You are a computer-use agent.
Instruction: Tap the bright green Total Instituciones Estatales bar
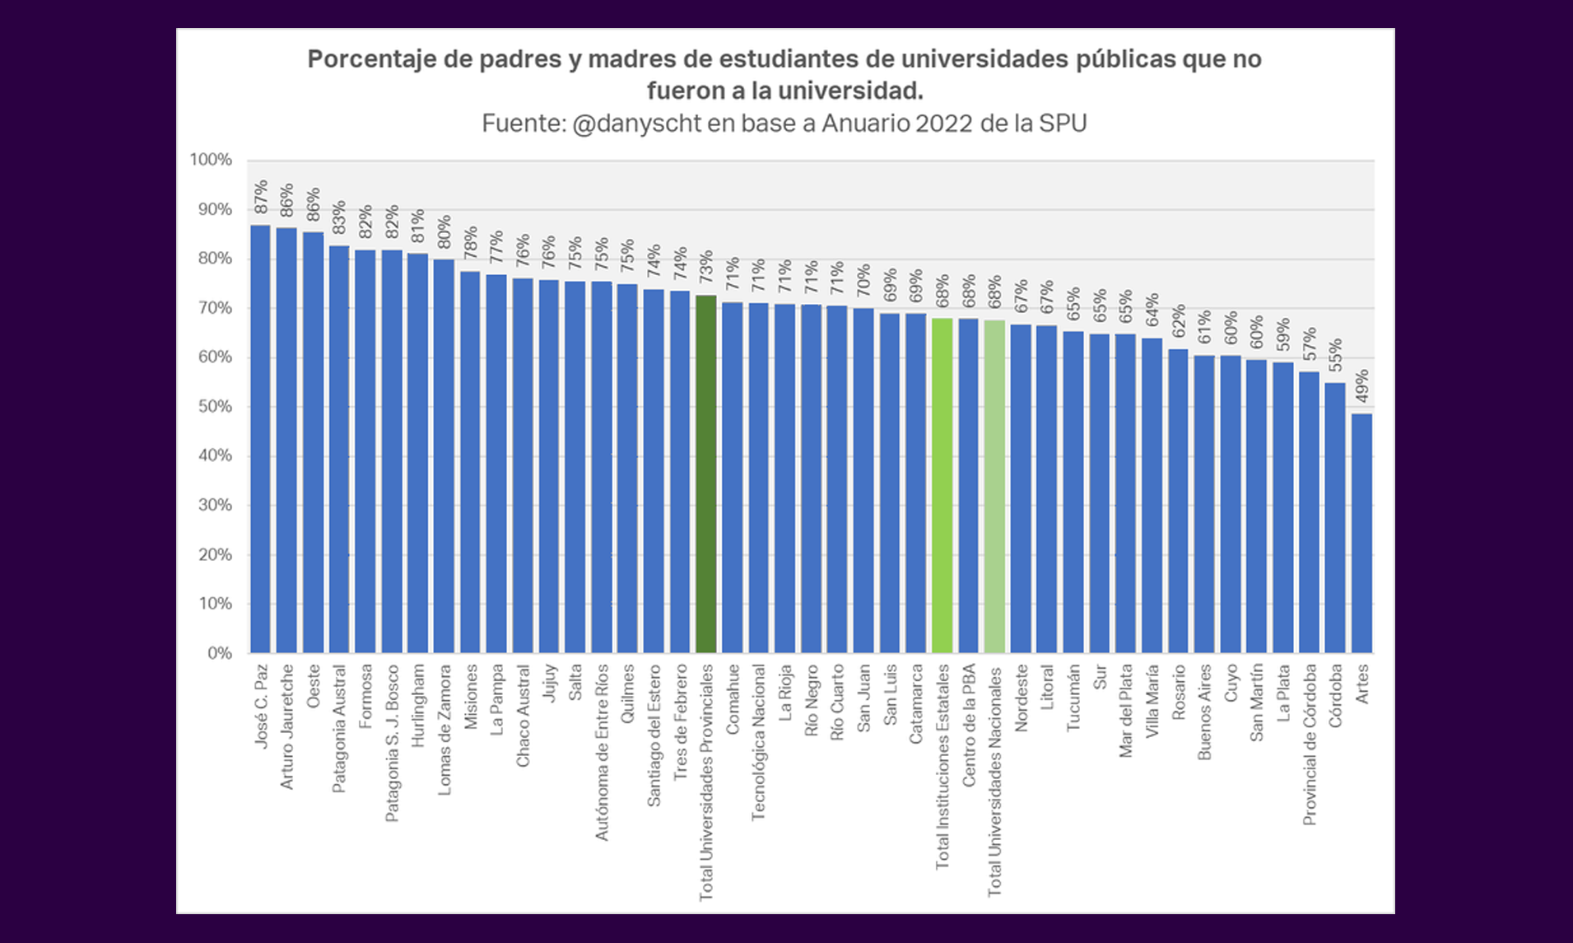(x=942, y=486)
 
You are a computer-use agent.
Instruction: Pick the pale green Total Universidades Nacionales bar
(x=994, y=487)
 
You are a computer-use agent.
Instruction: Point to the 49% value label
(x=1362, y=386)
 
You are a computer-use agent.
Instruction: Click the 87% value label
(x=261, y=198)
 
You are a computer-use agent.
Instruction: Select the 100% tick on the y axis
(x=211, y=160)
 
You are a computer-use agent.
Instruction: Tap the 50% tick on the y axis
(x=215, y=407)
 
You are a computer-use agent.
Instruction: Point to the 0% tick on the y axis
(x=220, y=653)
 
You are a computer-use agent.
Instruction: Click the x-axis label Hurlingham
(x=418, y=706)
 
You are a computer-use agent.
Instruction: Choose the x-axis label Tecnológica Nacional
(x=758, y=742)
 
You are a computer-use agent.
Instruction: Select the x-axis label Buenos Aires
(x=1204, y=712)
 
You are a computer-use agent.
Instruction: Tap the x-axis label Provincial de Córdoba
(x=1310, y=745)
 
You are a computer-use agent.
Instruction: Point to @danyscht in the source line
(x=636, y=124)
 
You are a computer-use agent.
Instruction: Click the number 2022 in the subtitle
(x=944, y=124)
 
